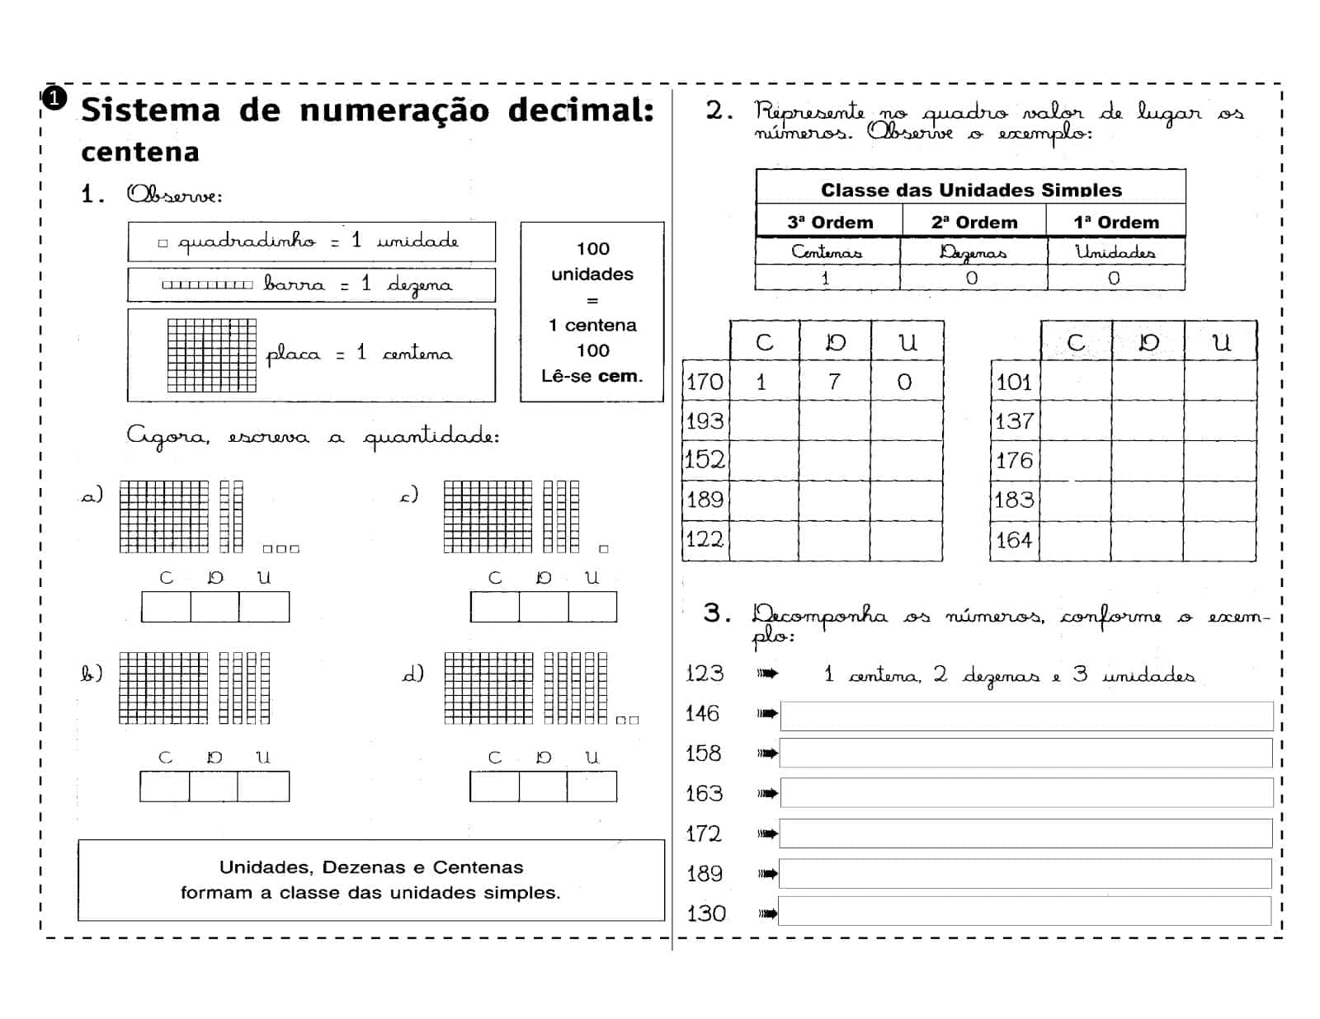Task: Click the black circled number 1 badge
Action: point(54,99)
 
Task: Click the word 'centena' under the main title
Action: point(140,153)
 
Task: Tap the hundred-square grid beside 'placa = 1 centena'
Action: point(211,355)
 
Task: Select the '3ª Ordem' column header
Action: point(830,223)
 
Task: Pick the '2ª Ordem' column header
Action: point(974,223)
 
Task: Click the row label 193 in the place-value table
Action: point(705,421)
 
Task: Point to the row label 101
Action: point(1014,383)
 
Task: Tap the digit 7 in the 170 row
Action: point(834,382)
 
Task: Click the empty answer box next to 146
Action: point(1025,716)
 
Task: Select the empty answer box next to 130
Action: point(1025,912)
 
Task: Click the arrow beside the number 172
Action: point(767,834)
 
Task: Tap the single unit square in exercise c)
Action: point(604,549)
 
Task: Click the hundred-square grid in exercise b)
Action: point(163,688)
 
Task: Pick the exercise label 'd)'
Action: point(412,674)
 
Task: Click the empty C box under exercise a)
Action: point(166,608)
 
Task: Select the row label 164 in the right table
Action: point(1014,541)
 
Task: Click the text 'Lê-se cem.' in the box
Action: point(592,377)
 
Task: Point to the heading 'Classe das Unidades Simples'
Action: point(971,190)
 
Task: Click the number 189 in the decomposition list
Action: point(705,874)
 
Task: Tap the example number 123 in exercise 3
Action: point(705,674)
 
